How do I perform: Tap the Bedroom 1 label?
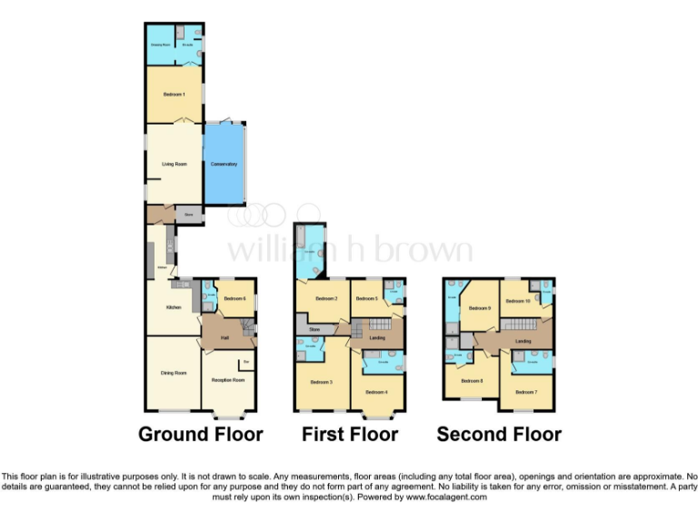pyautogui.click(x=174, y=95)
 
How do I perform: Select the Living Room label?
pyautogui.click(x=174, y=164)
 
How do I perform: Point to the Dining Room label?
pyautogui.click(x=174, y=373)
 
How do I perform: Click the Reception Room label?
pyautogui.click(x=228, y=379)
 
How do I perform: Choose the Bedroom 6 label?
pyautogui.click(x=235, y=298)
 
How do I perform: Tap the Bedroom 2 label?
pyautogui.click(x=327, y=298)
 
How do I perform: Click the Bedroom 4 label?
pyautogui.click(x=377, y=391)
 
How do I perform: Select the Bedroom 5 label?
pyautogui.click(x=367, y=298)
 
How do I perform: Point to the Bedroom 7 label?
pyautogui.click(x=526, y=392)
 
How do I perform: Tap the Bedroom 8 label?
pyautogui.click(x=472, y=381)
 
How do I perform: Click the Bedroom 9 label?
pyautogui.click(x=480, y=308)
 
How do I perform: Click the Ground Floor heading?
pyautogui.click(x=200, y=434)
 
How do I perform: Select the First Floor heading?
pyautogui.click(x=350, y=434)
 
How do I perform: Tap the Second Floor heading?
pyautogui.click(x=499, y=434)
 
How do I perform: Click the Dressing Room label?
pyautogui.click(x=162, y=44)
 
